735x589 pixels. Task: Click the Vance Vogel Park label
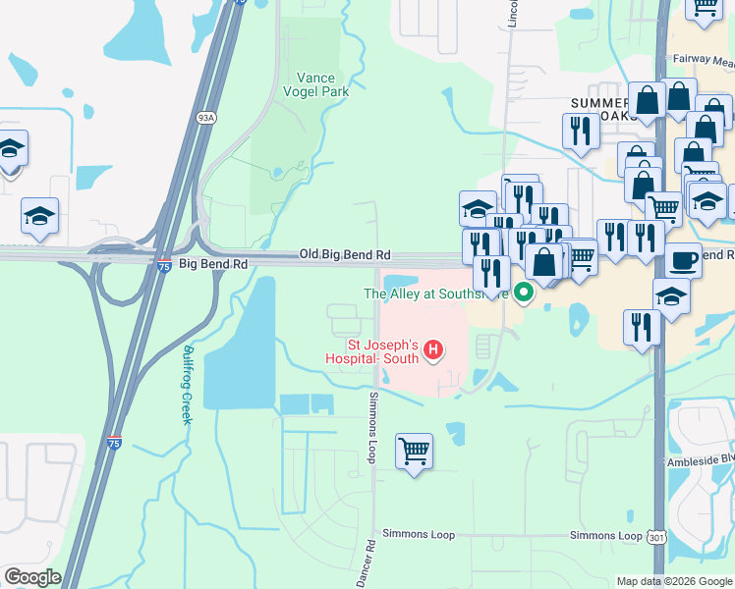[322, 84]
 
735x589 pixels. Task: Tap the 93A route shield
[205, 118]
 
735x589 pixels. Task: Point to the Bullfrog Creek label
[186, 384]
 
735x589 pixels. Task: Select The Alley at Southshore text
[436, 293]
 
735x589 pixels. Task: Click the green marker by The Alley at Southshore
[524, 292]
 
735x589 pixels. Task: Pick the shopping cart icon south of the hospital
[415, 452]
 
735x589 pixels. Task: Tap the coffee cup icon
[684, 260]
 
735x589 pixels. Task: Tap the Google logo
[31, 577]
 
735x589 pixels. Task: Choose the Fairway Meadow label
[705, 59]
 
